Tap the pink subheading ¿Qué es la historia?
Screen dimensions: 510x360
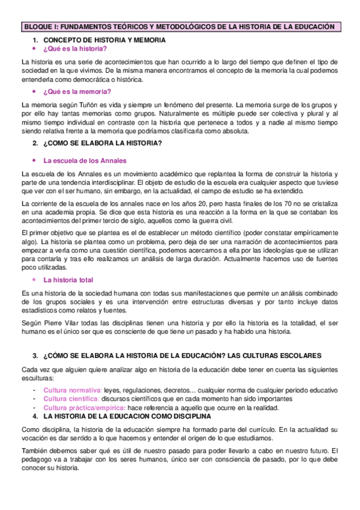pos(75,49)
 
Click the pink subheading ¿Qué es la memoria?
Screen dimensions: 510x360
pos(77,91)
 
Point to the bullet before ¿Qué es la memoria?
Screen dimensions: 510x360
pos(34,91)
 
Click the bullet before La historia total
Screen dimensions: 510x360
pos(34,280)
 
